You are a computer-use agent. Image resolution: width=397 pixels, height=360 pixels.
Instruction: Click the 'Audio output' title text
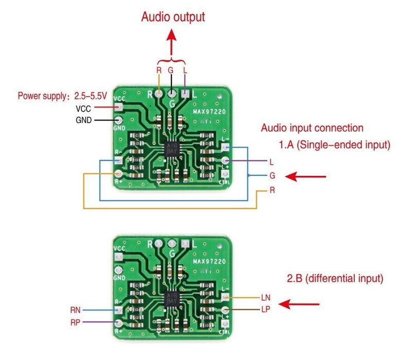coord(173,16)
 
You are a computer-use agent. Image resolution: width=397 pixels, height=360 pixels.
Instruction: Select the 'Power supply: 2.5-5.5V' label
coord(62,96)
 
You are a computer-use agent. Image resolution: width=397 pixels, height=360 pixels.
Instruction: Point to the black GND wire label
coord(83,120)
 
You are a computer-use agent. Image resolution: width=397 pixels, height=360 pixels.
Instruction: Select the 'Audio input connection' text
coord(312,128)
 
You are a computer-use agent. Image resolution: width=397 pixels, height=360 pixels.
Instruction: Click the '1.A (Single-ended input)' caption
coord(335,146)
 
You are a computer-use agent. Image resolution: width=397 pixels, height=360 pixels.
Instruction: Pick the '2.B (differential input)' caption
coord(335,279)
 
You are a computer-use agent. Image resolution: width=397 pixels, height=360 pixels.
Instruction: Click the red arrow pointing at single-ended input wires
coord(306,177)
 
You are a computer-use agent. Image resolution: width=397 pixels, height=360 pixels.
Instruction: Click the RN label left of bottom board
coord(76,310)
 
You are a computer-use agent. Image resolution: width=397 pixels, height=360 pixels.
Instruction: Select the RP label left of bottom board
coord(76,322)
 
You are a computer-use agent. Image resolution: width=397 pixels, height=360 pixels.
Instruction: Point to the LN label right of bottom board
coord(265,298)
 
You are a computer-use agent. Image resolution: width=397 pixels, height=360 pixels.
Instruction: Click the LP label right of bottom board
coord(265,309)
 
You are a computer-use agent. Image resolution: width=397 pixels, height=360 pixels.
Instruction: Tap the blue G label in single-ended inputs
coord(272,176)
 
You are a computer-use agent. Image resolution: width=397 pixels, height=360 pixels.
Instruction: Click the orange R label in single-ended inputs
coord(272,190)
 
